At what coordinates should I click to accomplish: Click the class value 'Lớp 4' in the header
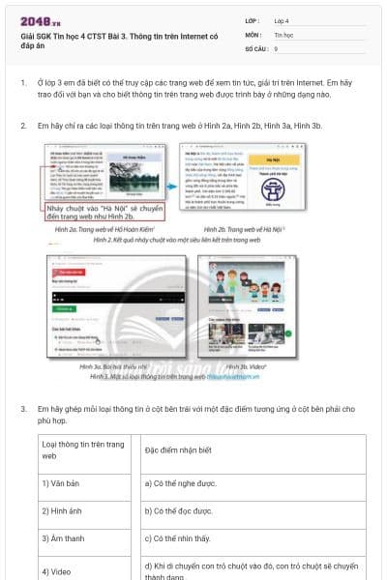click(283, 19)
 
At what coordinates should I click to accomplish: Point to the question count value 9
click(277, 47)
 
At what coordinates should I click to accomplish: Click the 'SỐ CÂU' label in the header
click(255, 47)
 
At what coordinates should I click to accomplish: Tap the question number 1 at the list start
click(24, 84)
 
